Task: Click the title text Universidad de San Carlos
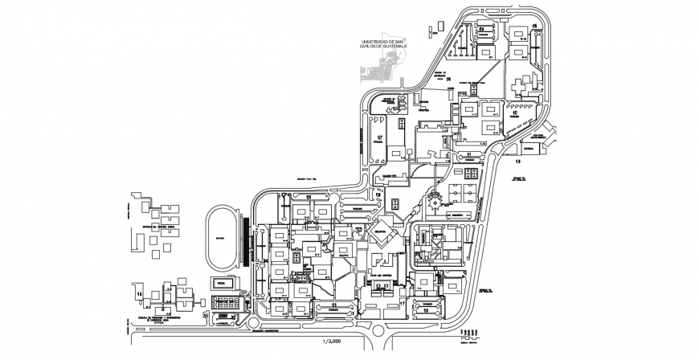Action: (384, 44)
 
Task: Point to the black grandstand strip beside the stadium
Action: (243, 243)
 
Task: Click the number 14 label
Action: (139, 295)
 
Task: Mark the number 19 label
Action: (516, 160)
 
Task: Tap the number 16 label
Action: (449, 80)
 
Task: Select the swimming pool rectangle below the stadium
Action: (223, 283)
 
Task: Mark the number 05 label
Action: (307, 196)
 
